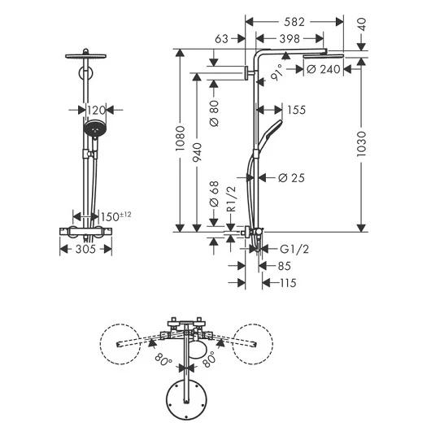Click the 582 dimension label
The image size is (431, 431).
(294, 22)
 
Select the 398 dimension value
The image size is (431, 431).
(290, 39)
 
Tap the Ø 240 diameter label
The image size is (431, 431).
(324, 69)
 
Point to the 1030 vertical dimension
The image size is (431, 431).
(361, 144)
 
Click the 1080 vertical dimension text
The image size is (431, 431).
(181, 138)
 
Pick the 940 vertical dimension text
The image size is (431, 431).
(197, 152)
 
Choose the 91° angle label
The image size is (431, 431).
(276, 72)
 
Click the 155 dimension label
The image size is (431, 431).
(296, 110)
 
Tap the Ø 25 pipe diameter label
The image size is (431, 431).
(291, 178)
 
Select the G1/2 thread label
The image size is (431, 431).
(294, 250)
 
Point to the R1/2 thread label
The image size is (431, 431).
(232, 198)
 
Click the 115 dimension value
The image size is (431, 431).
(288, 283)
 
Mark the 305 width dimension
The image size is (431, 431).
(85, 250)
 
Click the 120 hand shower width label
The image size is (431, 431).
(96, 111)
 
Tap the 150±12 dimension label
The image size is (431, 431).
(115, 216)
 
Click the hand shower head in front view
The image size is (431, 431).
(94, 129)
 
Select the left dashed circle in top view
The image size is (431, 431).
(120, 344)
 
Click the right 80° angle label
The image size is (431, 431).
(209, 359)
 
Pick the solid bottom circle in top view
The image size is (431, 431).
(187, 400)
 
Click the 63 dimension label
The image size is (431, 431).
(221, 39)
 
